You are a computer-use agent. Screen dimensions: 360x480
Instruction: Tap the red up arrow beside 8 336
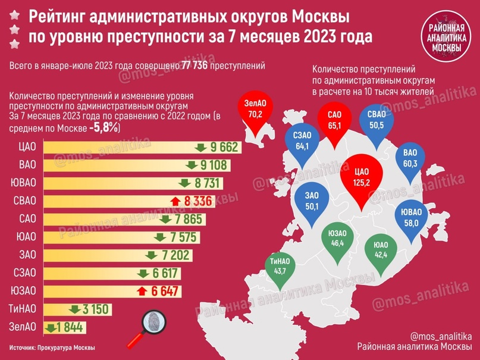(175, 201)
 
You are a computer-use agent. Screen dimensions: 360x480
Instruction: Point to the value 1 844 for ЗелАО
(70, 327)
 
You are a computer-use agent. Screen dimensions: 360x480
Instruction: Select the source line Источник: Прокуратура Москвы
(52, 348)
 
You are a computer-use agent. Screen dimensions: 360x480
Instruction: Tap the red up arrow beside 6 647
(141, 291)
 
